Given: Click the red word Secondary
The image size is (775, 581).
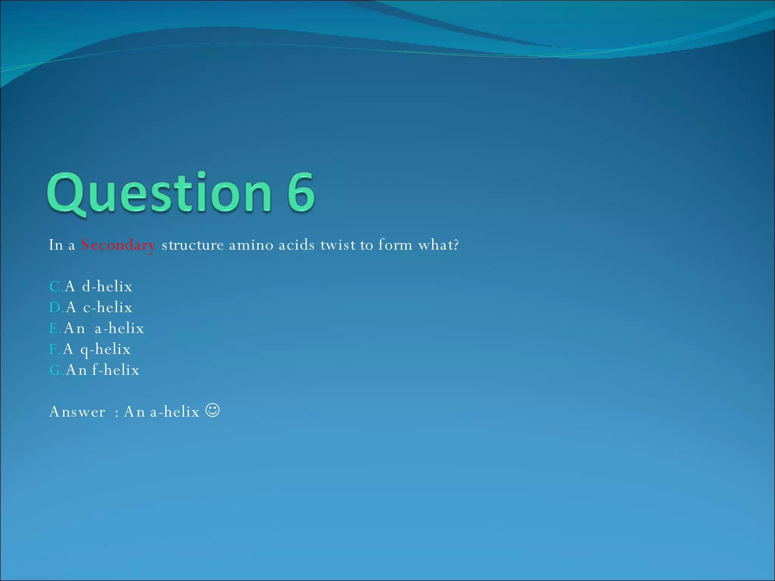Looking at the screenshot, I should click(x=118, y=245).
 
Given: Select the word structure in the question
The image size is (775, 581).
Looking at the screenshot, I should click(x=193, y=245).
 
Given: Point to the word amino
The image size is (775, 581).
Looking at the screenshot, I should click(x=251, y=245).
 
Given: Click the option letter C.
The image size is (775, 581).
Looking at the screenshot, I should click(x=55, y=287).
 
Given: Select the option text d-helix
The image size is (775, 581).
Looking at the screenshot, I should click(x=107, y=287).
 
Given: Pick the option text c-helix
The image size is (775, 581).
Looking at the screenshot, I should click(x=108, y=308).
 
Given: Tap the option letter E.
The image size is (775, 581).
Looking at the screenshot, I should click(x=54, y=328).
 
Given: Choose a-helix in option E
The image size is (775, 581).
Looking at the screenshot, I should click(x=119, y=328).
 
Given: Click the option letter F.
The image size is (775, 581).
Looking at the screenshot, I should click(x=54, y=349).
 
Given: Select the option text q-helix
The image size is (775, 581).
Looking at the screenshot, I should click(x=106, y=350).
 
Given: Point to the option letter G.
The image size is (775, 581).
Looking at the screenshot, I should click(x=55, y=370).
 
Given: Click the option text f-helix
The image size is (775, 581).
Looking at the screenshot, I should click(x=116, y=370).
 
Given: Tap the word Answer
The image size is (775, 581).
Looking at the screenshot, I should click(x=77, y=412).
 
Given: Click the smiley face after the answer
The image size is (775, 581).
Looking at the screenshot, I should click(x=213, y=410).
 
